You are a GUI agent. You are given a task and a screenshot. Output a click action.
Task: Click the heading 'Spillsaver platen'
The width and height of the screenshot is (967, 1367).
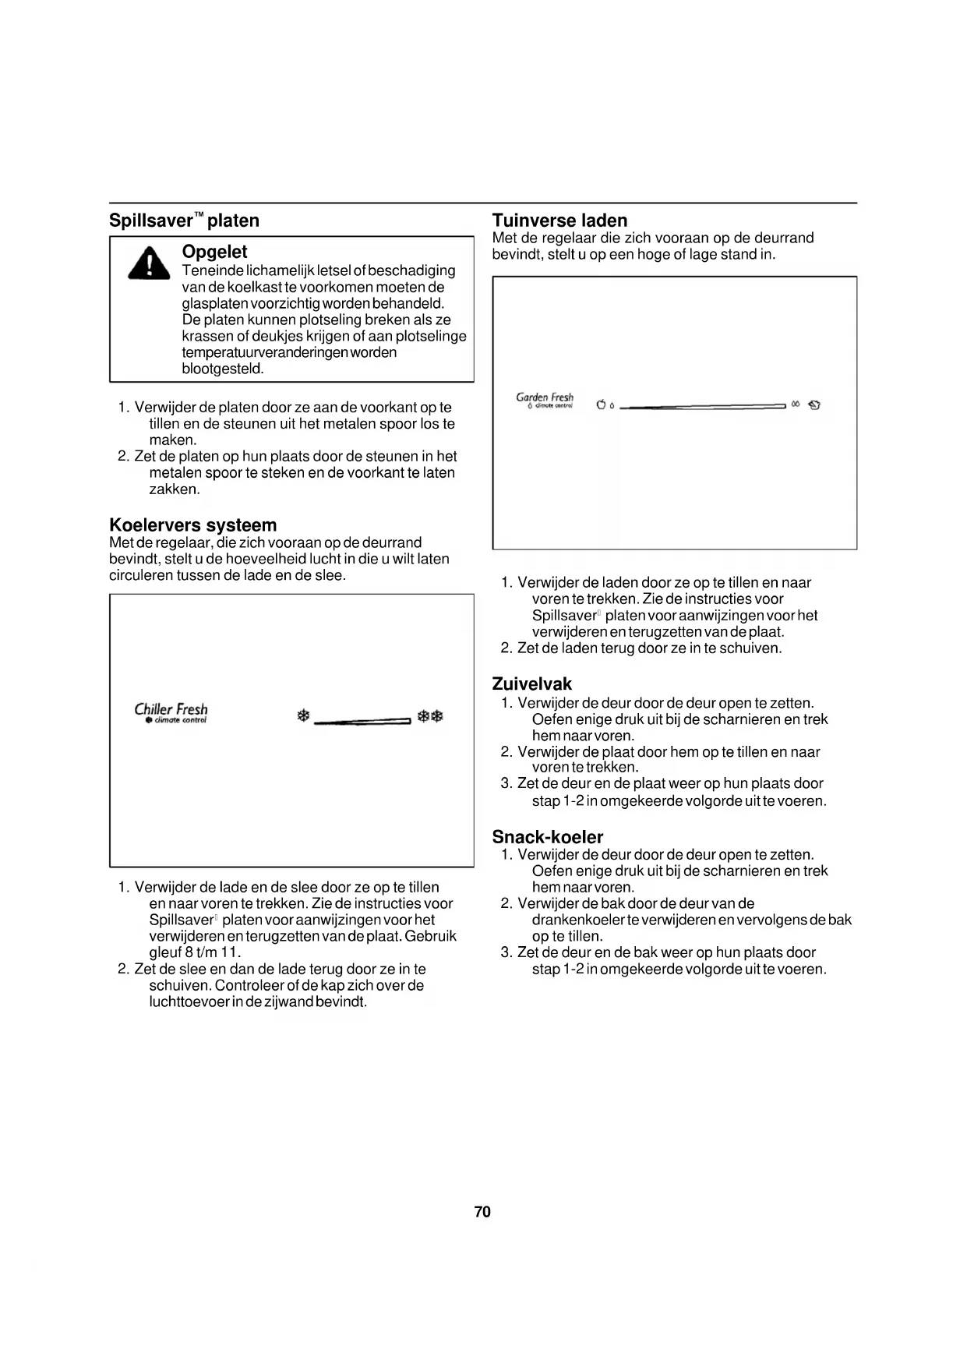pyautogui.click(x=184, y=221)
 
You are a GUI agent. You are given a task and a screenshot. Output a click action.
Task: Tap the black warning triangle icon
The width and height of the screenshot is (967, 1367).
pyautogui.click(x=149, y=261)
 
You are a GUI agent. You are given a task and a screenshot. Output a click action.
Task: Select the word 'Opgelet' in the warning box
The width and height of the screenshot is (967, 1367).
pyautogui.click(x=214, y=252)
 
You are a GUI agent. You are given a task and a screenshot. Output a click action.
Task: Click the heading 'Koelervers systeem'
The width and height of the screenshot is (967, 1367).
pyautogui.click(x=192, y=525)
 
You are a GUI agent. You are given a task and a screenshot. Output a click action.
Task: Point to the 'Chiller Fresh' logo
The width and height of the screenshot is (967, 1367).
pyautogui.click(x=171, y=712)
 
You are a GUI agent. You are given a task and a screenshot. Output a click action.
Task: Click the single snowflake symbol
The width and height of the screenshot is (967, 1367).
pyautogui.click(x=304, y=716)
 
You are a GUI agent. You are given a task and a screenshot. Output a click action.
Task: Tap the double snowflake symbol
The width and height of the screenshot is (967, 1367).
pyautogui.click(x=430, y=716)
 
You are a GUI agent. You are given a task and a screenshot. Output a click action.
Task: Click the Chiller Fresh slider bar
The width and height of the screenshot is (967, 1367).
pyautogui.click(x=362, y=722)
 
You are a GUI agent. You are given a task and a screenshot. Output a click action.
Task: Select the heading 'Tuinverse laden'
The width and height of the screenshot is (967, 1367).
pyautogui.click(x=559, y=221)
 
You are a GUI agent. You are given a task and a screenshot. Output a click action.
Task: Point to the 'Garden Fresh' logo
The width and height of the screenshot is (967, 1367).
pyautogui.click(x=545, y=400)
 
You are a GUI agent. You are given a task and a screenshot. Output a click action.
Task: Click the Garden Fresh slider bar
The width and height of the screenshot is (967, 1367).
pyautogui.click(x=702, y=406)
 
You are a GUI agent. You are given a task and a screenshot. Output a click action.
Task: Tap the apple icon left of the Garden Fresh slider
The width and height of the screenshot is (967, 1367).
pyautogui.click(x=601, y=404)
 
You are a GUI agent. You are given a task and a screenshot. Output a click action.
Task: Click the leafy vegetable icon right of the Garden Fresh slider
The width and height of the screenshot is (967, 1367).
pyautogui.click(x=814, y=404)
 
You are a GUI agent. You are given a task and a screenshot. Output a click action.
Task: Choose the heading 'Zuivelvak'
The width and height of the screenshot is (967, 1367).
pyautogui.click(x=532, y=684)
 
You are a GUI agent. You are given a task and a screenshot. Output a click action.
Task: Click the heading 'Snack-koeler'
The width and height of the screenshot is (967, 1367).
pyautogui.click(x=548, y=838)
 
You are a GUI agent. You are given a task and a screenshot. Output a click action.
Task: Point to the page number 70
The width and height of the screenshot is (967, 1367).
pyautogui.click(x=482, y=1212)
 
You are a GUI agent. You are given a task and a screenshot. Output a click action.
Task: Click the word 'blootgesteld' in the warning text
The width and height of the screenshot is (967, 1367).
pyautogui.click(x=222, y=369)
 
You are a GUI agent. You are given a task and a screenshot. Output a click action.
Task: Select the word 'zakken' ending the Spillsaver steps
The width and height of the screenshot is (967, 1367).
pyautogui.click(x=174, y=489)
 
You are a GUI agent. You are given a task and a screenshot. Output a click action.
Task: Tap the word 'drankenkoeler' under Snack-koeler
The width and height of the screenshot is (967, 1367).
pyautogui.click(x=575, y=920)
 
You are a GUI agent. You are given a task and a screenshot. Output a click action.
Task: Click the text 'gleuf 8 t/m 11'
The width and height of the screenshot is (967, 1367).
pyautogui.click(x=194, y=952)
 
